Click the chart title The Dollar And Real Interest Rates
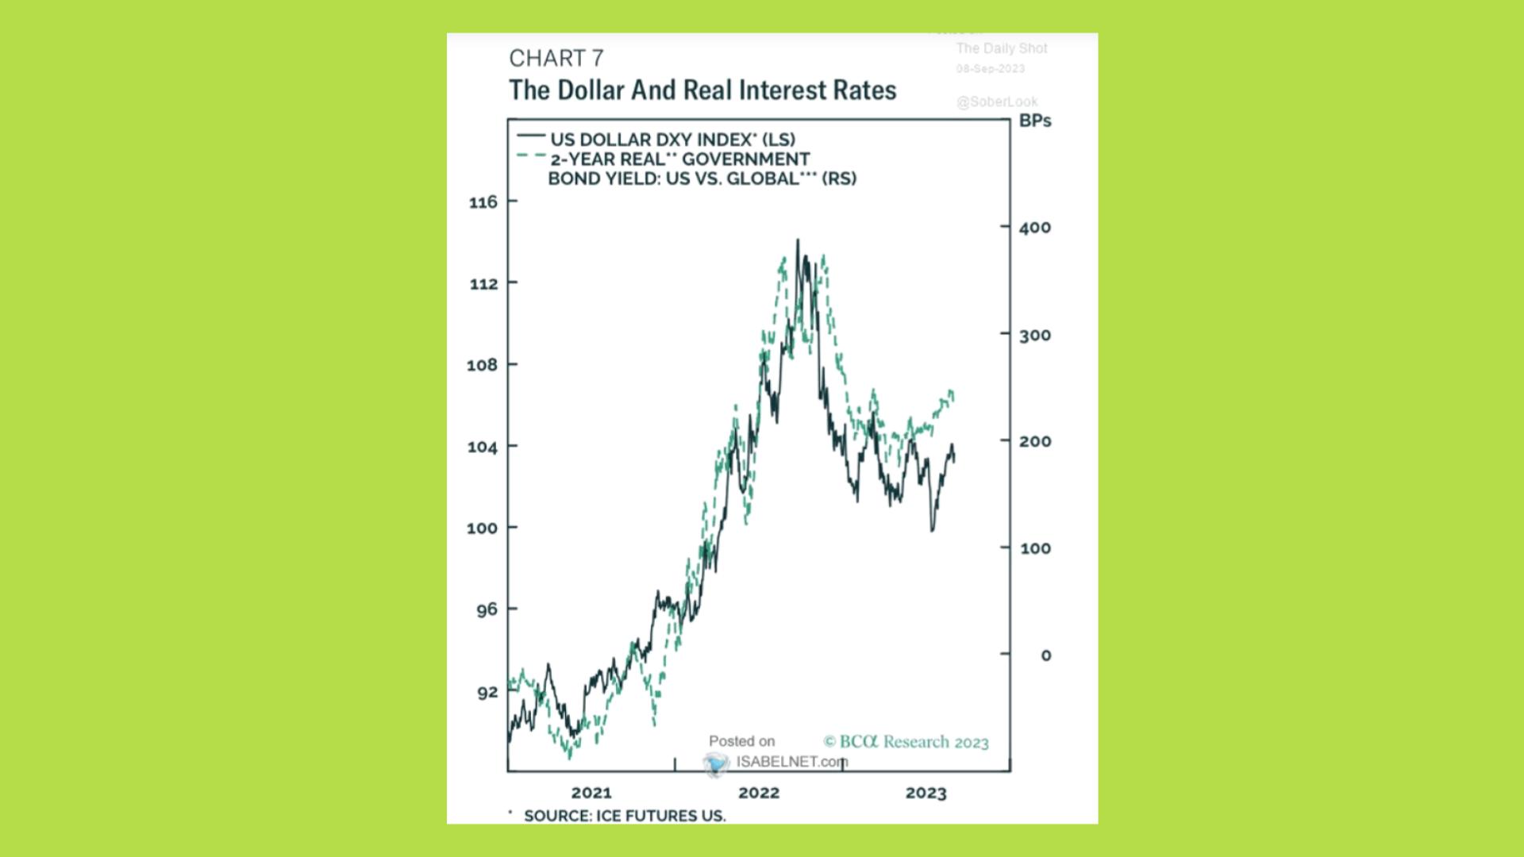pos(702,90)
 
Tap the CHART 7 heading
pos(556,59)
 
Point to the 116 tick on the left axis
pos(483,202)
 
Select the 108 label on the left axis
pos(483,365)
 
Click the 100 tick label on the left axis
pos(482,528)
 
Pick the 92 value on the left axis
pos(487,693)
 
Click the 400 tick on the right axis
pos(1035,228)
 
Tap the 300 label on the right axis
pos(1035,336)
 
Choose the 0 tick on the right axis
pos(1046,655)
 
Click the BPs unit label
pos(1035,121)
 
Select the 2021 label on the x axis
pos(591,793)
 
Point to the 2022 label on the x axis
pos(759,793)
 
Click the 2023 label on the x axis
pos(926,793)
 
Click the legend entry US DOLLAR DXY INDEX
pos(672,140)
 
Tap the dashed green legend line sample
pos(531,156)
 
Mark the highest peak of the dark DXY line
pos(798,240)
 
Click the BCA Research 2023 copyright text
pos(906,742)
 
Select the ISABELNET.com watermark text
pos(791,762)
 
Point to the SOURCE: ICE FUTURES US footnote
pos(624,816)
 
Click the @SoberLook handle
pos(997,102)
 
